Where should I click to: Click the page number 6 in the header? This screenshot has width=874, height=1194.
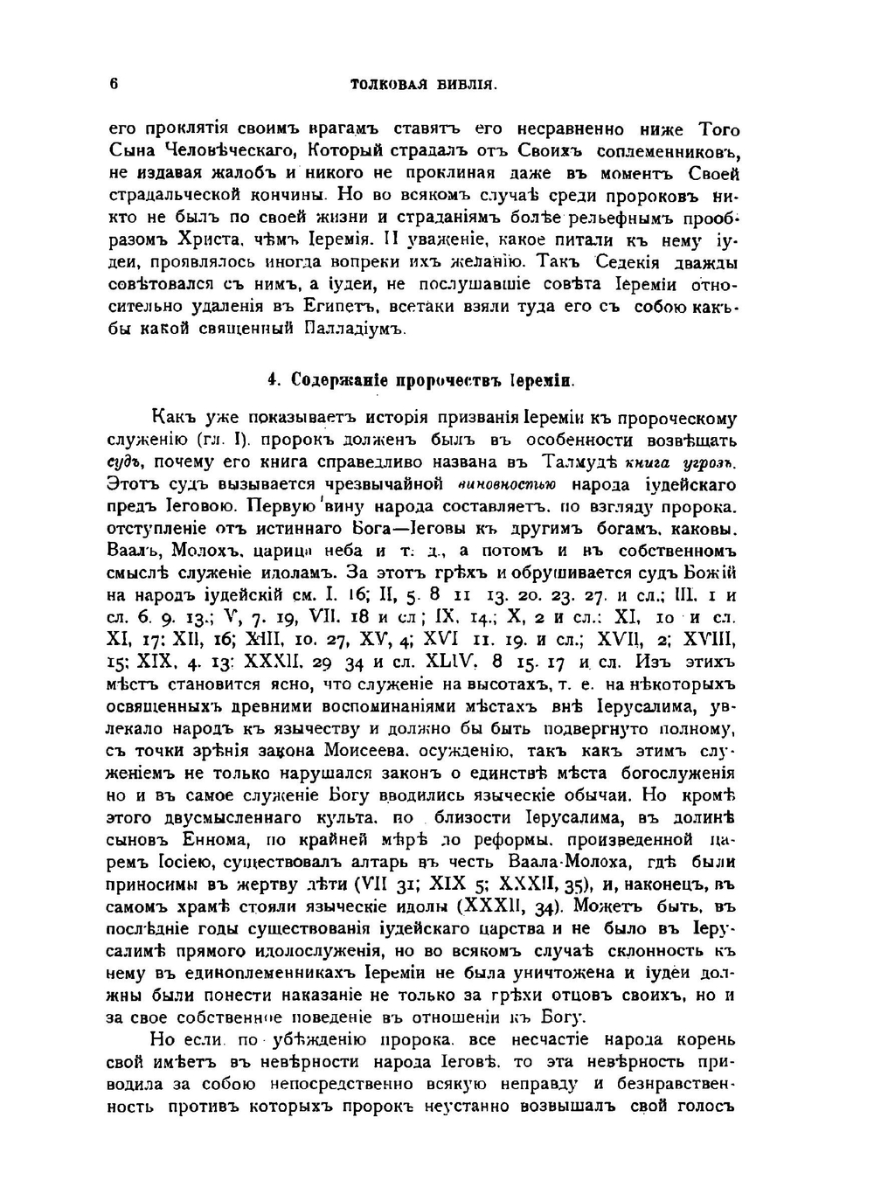114,85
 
